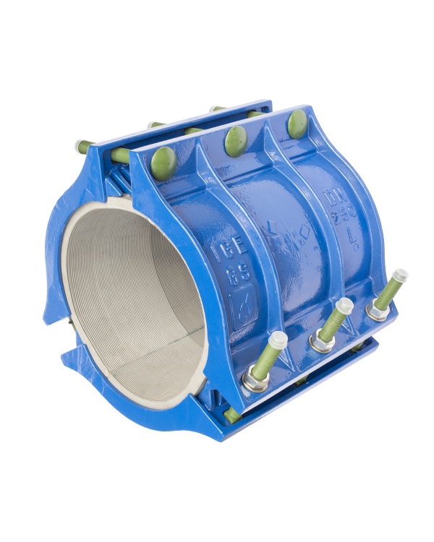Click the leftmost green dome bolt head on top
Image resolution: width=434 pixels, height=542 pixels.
[x=164, y=160]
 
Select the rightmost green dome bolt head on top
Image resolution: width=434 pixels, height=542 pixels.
[x=297, y=123]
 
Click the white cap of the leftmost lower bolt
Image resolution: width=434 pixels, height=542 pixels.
[x=277, y=340]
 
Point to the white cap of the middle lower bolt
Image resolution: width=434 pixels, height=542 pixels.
[x=344, y=304]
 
